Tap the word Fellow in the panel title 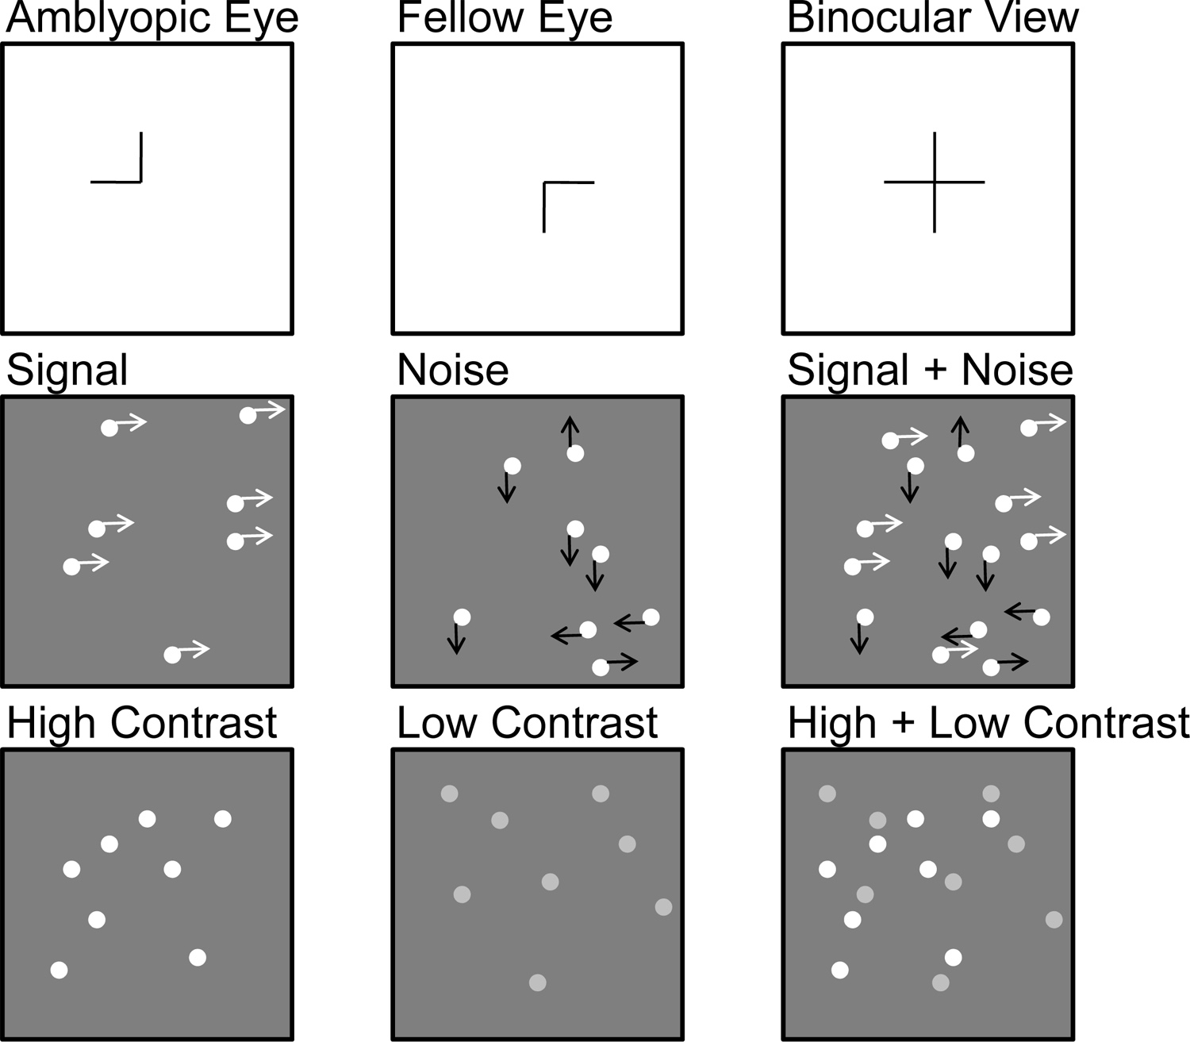459,17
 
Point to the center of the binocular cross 934,182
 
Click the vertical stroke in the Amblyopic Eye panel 141,157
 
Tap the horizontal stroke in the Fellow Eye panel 569,183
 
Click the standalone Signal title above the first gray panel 67,371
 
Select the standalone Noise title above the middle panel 452,370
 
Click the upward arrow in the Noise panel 570,431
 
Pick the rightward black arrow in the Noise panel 622,661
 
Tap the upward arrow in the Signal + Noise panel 960,431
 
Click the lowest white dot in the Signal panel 172,655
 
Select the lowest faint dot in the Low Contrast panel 537,982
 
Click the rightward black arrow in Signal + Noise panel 1012,661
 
